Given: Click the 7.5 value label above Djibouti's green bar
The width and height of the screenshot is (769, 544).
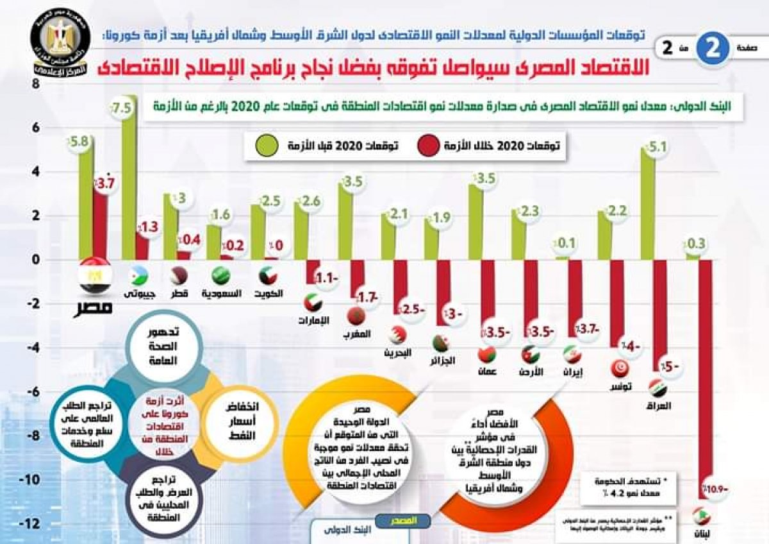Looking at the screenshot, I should coord(122,108).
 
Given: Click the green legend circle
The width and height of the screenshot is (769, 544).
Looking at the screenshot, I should coord(268,145).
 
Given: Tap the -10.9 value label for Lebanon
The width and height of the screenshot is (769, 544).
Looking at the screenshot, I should coord(715,489).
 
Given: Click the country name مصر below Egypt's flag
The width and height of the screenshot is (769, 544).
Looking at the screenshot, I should coord(94,307).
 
